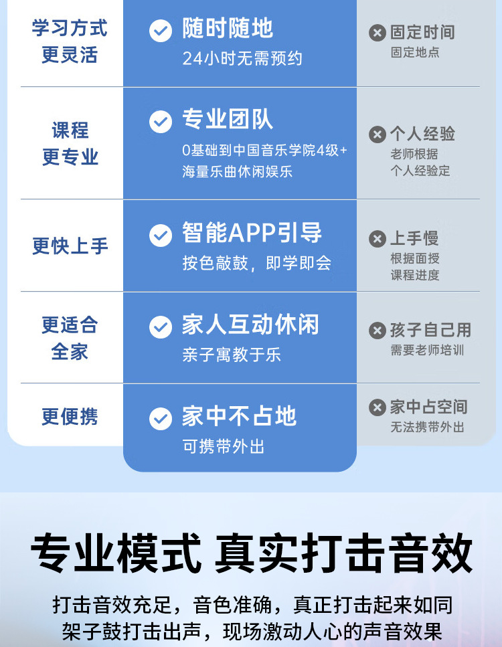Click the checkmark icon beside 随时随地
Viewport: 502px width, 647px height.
tap(161, 30)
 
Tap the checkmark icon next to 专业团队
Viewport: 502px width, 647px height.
tap(161, 122)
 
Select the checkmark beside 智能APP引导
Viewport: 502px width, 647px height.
tap(161, 235)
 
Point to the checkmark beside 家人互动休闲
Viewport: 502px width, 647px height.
tap(161, 327)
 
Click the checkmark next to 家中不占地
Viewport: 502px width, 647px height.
tap(161, 418)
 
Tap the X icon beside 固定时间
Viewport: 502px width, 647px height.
tap(378, 32)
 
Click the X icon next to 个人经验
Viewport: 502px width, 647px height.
tap(378, 134)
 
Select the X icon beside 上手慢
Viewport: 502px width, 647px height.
tap(378, 238)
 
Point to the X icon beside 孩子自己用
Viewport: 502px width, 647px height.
tap(378, 330)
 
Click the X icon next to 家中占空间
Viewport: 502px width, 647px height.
tap(378, 407)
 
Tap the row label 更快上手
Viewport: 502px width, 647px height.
tap(70, 246)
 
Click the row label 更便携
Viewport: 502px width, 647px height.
tap(70, 417)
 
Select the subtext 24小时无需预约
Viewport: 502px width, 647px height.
tap(242, 59)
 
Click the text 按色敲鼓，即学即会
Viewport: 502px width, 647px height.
tap(256, 263)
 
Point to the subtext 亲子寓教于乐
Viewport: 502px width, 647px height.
tap(232, 355)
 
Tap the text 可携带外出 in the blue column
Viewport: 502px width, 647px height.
tap(224, 446)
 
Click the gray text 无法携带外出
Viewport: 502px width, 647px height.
tap(427, 427)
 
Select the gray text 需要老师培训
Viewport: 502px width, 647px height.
tap(427, 350)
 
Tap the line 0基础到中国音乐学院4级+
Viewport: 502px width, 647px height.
tap(265, 151)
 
